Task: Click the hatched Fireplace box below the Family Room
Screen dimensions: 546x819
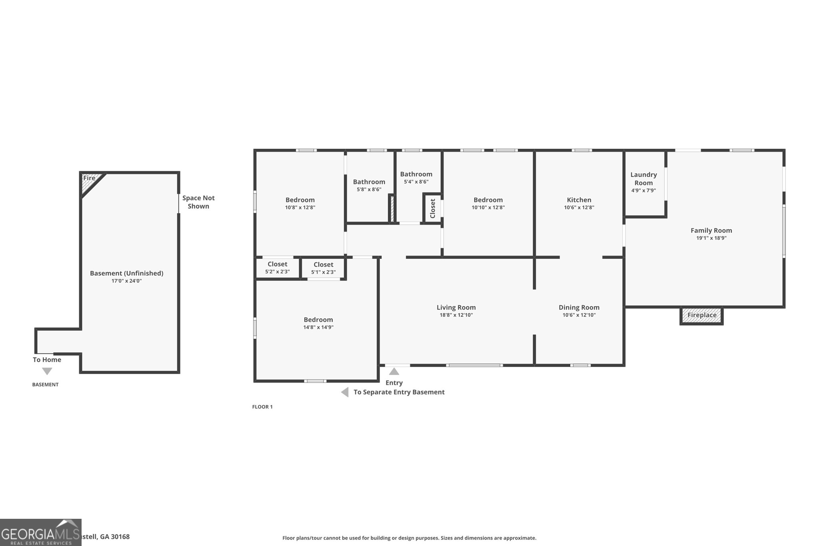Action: (x=701, y=315)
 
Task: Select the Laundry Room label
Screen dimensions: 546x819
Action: (x=643, y=179)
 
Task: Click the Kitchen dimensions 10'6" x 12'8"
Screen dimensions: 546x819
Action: (x=579, y=208)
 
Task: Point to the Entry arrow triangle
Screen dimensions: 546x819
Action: (x=394, y=372)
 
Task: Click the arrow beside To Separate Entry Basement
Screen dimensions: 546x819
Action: (x=345, y=392)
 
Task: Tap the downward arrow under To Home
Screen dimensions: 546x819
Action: (x=47, y=372)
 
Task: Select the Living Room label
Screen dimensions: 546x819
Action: (x=456, y=308)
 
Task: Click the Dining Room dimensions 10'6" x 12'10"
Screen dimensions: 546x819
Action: (x=579, y=315)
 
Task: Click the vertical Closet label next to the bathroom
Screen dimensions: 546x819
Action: (x=432, y=208)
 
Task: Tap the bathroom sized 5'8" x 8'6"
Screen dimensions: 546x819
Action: (x=369, y=186)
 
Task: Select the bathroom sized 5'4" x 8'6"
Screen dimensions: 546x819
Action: (x=416, y=178)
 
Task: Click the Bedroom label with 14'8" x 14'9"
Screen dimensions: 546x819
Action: (x=318, y=320)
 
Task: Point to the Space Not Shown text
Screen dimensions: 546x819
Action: (x=198, y=202)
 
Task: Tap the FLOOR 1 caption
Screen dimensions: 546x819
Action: (x=262, y=407)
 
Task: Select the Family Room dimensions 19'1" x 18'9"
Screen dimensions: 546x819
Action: (x=711, y=238)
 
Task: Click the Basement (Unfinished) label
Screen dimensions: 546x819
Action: (x=126, y=273)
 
